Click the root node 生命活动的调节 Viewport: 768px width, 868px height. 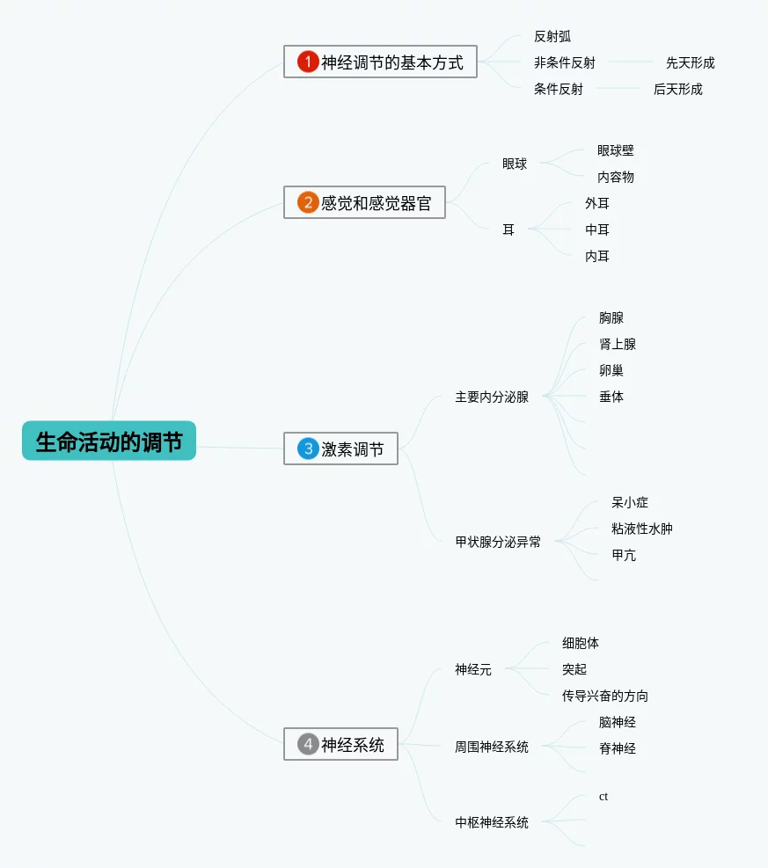(x=109, y=441)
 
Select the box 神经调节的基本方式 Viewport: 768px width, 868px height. (x=380, y=62)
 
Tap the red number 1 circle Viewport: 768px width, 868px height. (x=308, y=62)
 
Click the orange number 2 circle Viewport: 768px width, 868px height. (x=308, y=202)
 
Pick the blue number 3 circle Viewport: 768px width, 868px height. (x=308, y=449)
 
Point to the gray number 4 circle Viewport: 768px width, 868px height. (x=308, y=744)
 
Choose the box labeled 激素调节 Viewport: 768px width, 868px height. (x=340, y=449)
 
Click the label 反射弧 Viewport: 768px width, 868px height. (x=552, y=37)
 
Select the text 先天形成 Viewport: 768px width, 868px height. (x=690, y=62)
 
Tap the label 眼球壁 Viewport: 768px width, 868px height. (x=615, y=150)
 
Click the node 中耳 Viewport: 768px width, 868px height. (x=597, y=230)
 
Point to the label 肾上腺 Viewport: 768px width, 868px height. (x=618, y=345)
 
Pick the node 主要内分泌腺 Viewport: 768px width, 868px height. (x=492, y=397)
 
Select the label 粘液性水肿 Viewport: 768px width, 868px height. (x=641, y=529)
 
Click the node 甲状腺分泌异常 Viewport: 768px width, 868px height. (x=498, y=542)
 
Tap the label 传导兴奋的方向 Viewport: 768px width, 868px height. (x=604, y=696)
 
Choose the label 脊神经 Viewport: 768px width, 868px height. (x=618, y=748)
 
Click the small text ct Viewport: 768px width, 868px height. (x=603, y=797)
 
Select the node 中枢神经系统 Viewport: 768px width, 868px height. (x=492, y=822)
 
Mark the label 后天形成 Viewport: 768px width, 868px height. (x=677, y=89)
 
